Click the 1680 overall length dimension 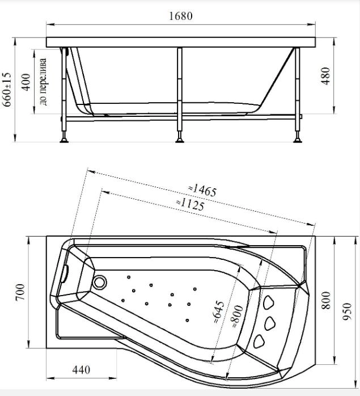pyautogui.click(x=181, y=16)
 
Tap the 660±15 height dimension pyautogui.click(x=7, y=90)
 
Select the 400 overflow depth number pyautogui.click(x=26, y=82)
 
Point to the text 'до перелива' pyautogui.click(x=43, y=82)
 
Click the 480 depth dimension pyautogui.click(x=325, y=76)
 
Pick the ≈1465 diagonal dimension pyautogui.click(x=202, y=191)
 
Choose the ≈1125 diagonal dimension pyautogui.click(x=190, y=205)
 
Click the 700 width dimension pyautogui.click(x=21, y=292)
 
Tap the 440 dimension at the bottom pyautogui.click(x=81, y=370)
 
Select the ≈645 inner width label pyautogui.click(x=218, y=312)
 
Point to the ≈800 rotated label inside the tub pyautogui.click(x=237, y=317)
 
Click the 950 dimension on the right pyautogui.click(x=347, y=311)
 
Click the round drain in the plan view pyautogui.click(x=99, y=282)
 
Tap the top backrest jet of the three pyautogui.click(x=268, y=302)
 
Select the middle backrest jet pyautogui.click(x=270, y=323)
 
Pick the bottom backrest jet pyautogui.click(x=259, y=342)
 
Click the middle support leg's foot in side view pyautogui.click(x=180, y=140)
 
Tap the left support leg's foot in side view pyautogui.click(x=64, y=140)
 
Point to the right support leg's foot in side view pyautogui.click(x=298, y=140)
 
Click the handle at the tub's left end pyautogui.click(x=65, y=273)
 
